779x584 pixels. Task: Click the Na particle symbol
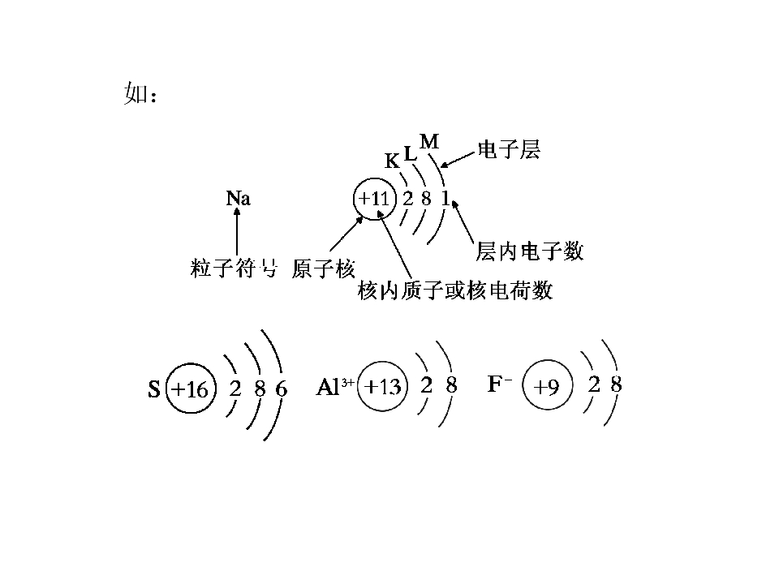click(238, 198)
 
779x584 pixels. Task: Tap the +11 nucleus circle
click(355, 199)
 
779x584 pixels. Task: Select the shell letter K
click(392, 161)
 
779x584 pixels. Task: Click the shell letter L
click(410, 154)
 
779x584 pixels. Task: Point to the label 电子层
click(509, 149)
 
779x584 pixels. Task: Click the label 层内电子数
click(530, 251)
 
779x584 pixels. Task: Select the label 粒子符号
click(233, 268)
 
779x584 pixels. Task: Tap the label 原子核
click(323, 268)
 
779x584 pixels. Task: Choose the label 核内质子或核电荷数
click(455, 290)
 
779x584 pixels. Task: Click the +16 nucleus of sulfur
click(166, 389)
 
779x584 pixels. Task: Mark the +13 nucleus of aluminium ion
click(358, 386)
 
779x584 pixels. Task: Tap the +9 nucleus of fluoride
click(523, 384)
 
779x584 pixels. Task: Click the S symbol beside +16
click(154, 389)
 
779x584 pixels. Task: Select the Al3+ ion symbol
click(335, 386)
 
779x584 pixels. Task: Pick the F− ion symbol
click(500, 384)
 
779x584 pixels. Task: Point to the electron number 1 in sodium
click(445, 198)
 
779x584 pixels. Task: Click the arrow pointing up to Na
click(237, 232)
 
